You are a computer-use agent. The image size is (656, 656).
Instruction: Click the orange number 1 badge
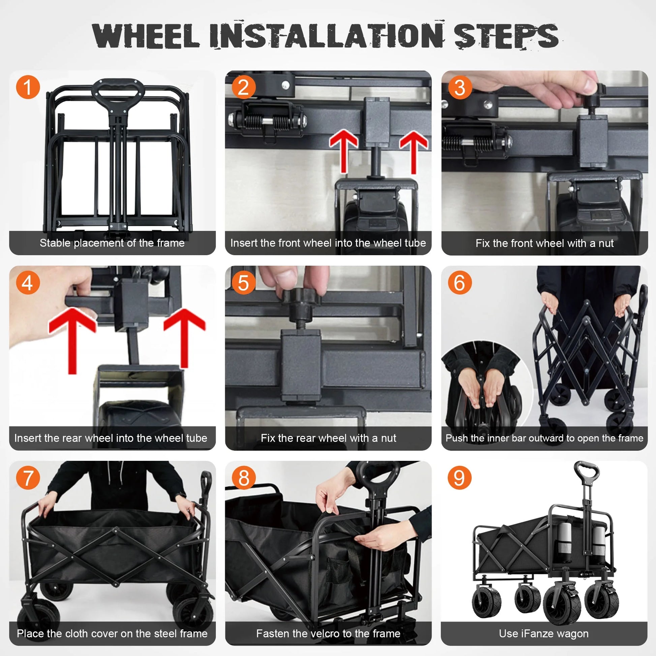[x=28, y=87]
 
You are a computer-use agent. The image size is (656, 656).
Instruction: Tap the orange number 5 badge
[x=243, y=282]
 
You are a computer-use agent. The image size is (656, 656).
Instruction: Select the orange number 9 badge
[x=459, y=478]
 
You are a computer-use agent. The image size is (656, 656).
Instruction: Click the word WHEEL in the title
[x=145, y=36]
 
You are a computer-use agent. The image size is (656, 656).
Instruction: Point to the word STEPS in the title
[x=506, y=36]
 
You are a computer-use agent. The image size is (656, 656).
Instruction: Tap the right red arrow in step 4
[x=184, y=336]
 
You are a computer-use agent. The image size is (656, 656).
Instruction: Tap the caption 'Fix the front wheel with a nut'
[x=544, y=243]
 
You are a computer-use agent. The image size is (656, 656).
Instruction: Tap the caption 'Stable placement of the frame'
[x=112, y=243]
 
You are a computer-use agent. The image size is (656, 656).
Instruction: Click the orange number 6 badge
[x=459, y=282]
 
